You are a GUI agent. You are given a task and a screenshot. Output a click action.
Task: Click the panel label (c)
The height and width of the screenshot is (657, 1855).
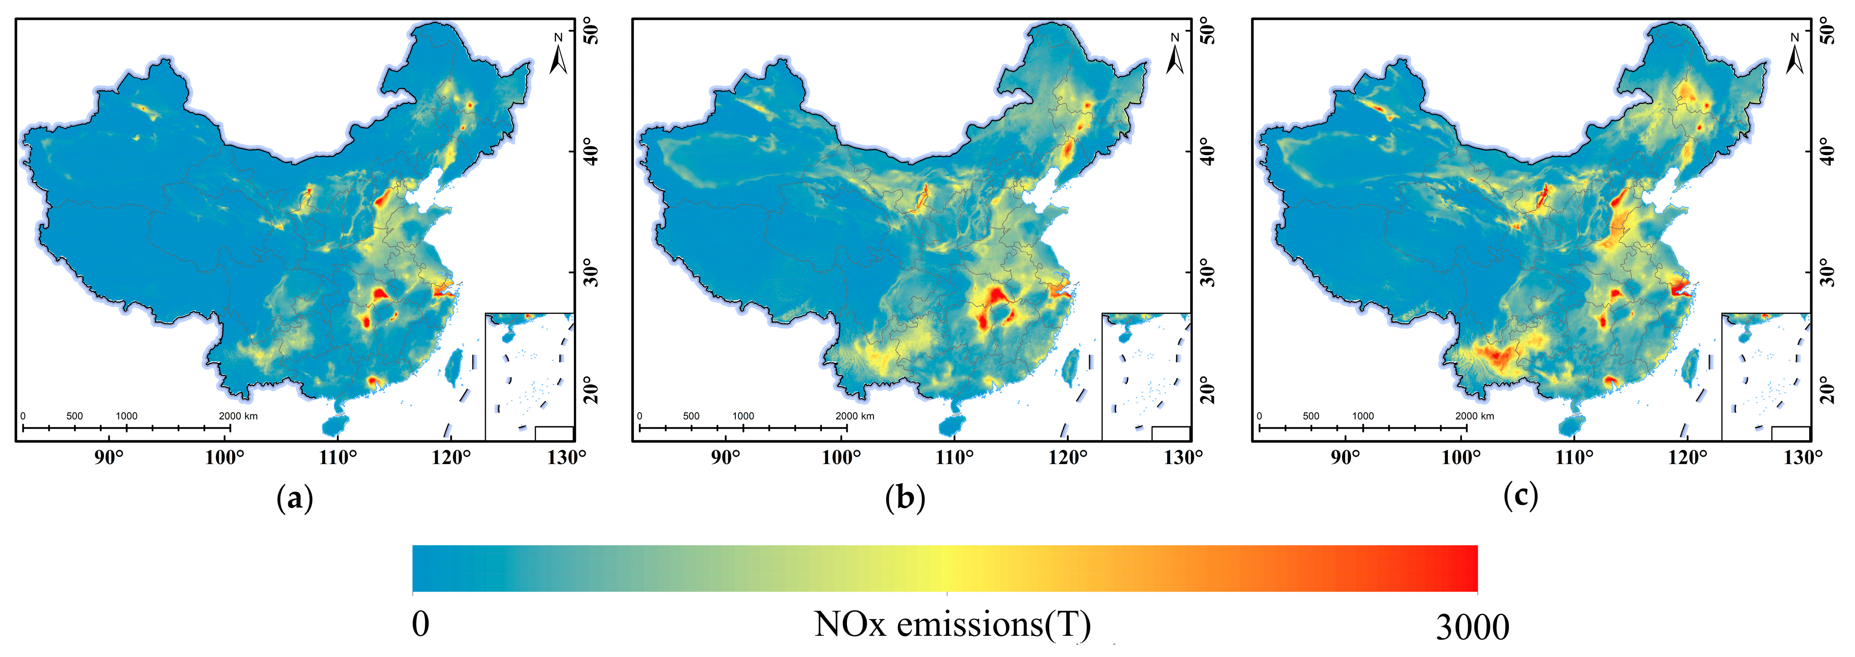pos(1520,496)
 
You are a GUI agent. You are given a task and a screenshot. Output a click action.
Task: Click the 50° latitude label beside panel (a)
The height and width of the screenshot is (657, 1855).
pos(592,32)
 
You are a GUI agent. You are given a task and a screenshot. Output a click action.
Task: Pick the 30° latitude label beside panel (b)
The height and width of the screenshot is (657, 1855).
pos(1208,272)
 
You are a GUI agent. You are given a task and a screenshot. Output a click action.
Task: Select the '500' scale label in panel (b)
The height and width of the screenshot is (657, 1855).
pos(691,416)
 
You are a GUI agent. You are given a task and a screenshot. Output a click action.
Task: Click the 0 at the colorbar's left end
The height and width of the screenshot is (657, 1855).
pos(420,624)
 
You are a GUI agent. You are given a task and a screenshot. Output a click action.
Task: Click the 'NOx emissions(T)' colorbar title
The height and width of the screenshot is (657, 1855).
pos(952,624)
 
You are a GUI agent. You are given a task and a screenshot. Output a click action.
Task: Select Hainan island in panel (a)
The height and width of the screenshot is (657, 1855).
pos(333,425)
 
